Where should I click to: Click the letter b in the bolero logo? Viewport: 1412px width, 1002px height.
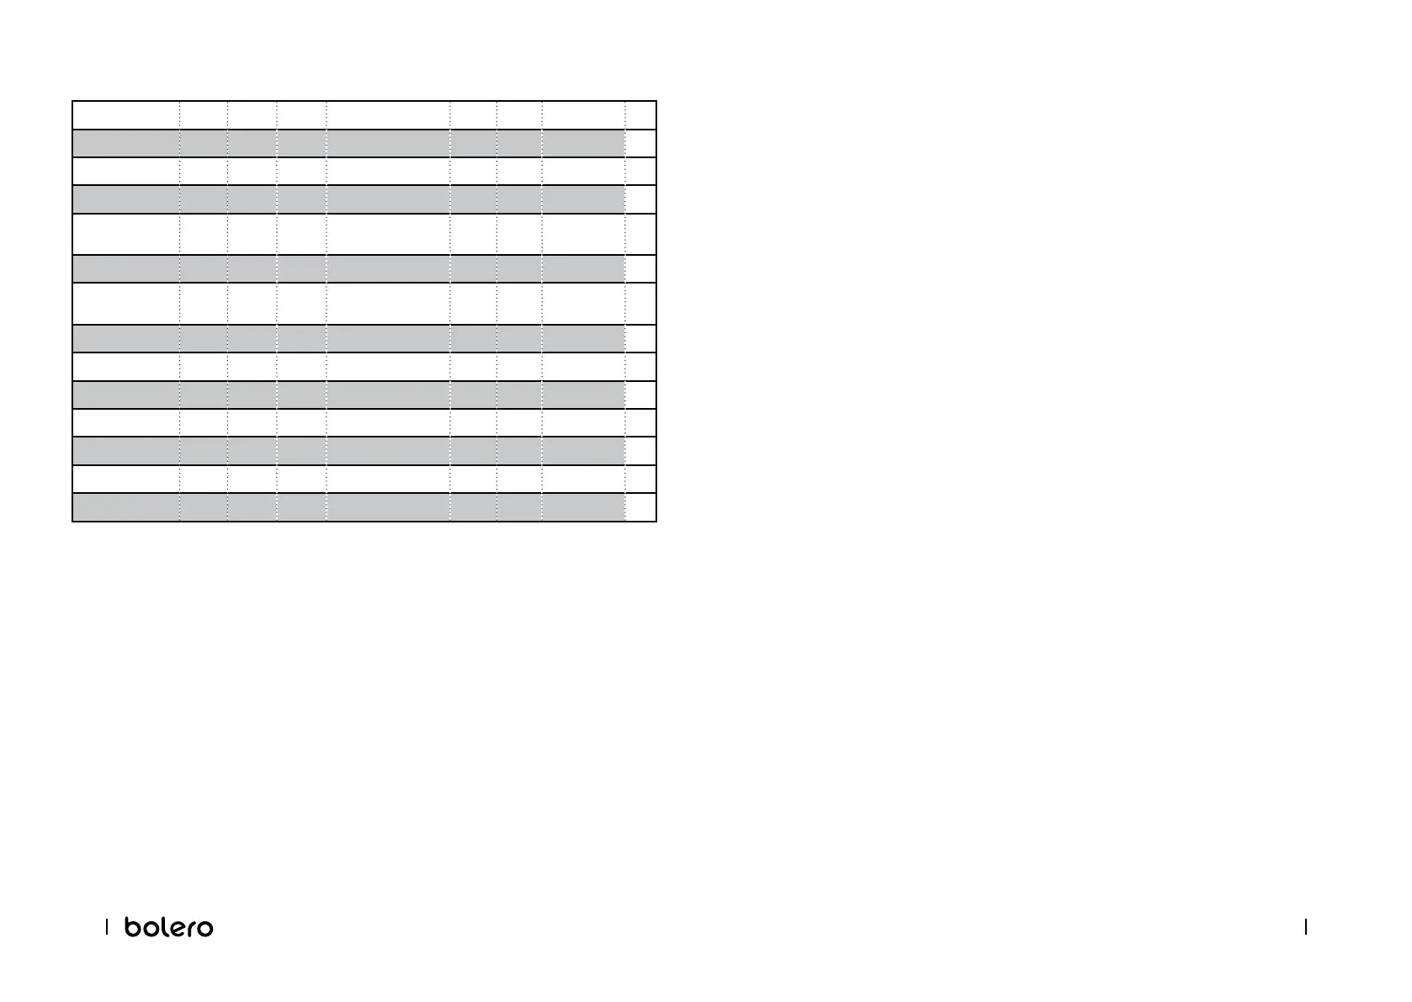point(134,926)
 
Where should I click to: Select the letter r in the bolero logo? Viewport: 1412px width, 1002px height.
point(188,928)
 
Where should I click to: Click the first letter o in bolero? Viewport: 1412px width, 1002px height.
point(147,928)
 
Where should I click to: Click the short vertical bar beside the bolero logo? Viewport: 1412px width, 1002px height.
point(107,926)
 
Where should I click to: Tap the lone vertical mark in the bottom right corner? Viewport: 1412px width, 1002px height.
point(1306,926)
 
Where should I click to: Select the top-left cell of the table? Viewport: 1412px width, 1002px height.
point(125,115)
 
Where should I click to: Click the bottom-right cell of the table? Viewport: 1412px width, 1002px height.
point(640,507)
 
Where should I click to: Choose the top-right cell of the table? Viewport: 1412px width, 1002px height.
point(640,115)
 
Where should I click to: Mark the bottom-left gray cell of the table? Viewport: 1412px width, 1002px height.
point(125,507)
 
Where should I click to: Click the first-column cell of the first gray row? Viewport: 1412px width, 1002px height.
point(125,143)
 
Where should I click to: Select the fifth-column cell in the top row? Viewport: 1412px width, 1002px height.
point(388,115)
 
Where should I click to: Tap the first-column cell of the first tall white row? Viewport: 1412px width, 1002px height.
point(125,234)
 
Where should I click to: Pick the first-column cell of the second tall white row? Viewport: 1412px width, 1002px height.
point(125,304)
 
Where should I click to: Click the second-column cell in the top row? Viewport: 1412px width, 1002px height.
point(203,115)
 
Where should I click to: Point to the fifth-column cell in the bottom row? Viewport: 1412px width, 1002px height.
point(388,507)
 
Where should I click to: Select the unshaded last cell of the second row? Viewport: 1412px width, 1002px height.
point(640,143)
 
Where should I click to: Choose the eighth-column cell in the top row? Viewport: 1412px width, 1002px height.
point(583,115)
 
